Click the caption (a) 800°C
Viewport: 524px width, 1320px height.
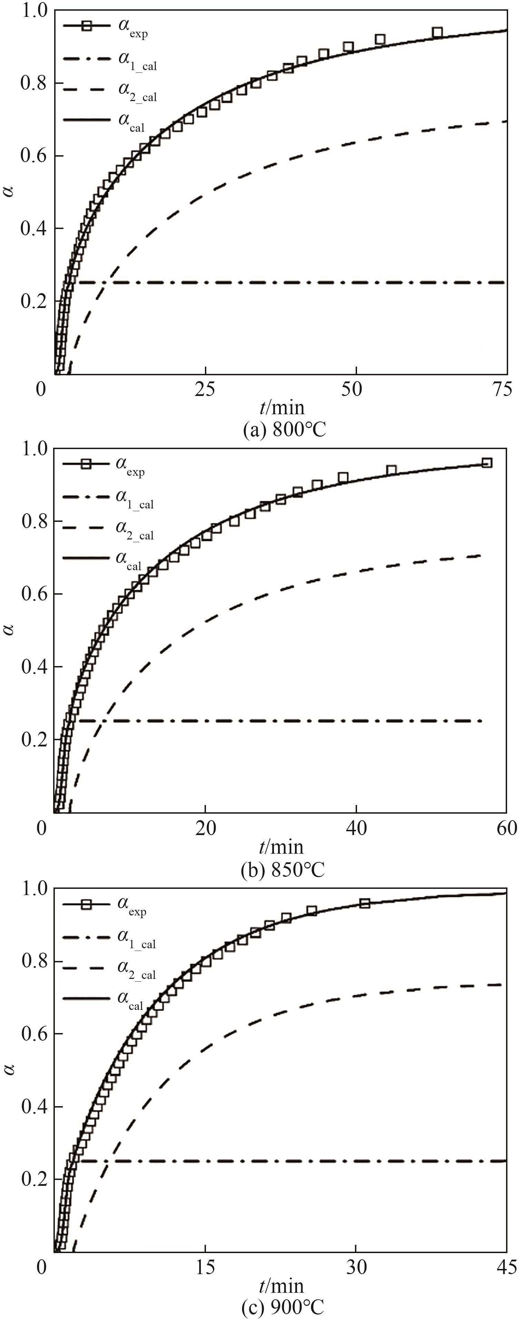tap(284, 429)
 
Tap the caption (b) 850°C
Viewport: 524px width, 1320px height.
tap(283, 870)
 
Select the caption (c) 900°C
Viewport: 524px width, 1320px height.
tap(283, 1307)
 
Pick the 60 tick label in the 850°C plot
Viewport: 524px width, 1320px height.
tap(506, 828)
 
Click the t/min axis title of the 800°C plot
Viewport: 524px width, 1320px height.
tap(281, 408)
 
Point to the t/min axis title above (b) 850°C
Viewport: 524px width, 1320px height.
tap(281, 847)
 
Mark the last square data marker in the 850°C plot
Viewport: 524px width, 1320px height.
tap(486, 463)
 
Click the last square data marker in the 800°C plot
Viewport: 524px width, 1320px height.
tap(437, 33)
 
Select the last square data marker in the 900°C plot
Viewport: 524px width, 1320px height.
tap(365, 903)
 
